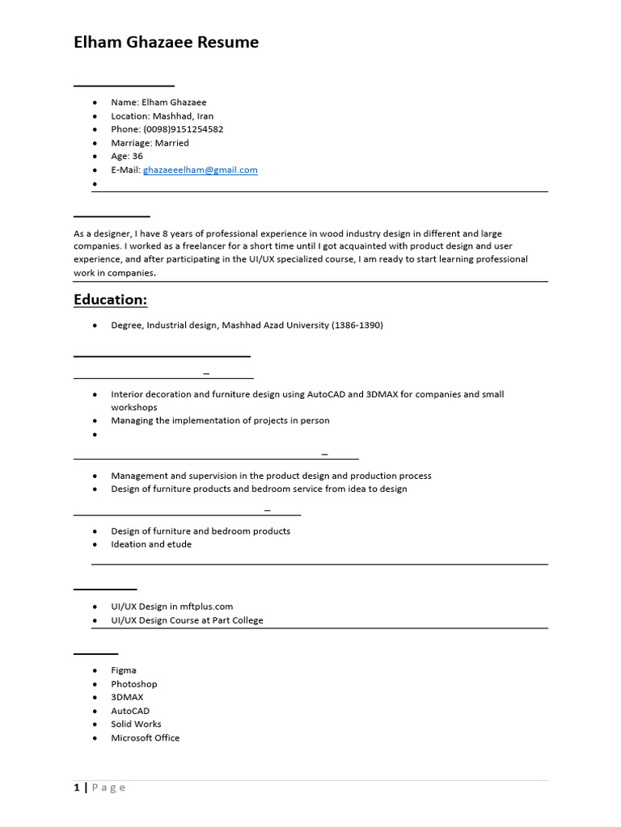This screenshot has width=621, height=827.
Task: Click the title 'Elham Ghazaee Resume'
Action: click(167, 43)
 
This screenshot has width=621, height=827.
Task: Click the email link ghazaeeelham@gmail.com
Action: click(200, 170)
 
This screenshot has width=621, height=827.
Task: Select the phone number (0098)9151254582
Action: click(183, 129)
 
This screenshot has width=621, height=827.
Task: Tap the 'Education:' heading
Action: click(111, 300)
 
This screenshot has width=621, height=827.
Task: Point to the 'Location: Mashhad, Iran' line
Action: click(162, 115)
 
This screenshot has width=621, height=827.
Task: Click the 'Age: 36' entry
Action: click(127, 156)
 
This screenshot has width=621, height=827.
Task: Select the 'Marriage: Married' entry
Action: click(150, 143)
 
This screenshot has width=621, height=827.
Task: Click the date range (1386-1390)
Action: click(357, 325)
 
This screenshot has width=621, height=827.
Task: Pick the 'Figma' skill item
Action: click(124, 670)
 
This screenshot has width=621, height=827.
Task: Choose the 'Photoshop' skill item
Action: click(134, 684)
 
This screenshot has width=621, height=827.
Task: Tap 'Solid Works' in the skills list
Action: click(136, 724)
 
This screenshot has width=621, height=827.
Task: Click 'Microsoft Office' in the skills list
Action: click(146, 738)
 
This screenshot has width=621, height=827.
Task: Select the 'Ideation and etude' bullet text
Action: click(151, 544)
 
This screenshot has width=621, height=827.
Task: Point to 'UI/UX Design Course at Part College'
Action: click(187, 620)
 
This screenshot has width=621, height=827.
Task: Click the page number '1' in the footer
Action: click(77, 788)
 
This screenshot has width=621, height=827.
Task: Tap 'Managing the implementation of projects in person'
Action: click(220, 421)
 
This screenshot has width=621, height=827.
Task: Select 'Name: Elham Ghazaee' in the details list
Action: click(158, 103)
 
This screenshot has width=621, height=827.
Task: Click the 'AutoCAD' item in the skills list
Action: click(130, 712)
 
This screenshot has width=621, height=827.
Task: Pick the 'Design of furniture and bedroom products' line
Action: click(201, 531)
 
